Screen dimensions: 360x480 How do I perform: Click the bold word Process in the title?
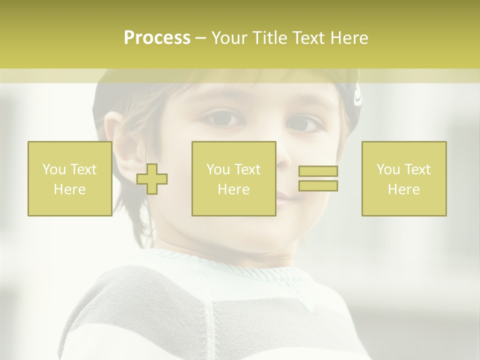(x=157, y=38)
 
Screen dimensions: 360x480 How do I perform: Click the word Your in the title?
(x=230, y=38)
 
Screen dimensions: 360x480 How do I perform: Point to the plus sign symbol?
(x=152, y=179)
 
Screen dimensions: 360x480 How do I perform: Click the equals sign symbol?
(x=318, y=178)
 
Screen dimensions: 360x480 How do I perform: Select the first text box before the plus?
(x=69, y=179)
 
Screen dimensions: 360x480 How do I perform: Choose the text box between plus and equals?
(x=233, y=179)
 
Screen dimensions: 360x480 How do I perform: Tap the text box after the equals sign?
(x=403, y=179)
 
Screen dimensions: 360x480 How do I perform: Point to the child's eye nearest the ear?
(x=222, y=118)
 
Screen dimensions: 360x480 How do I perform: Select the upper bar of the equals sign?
(x=318, y=171)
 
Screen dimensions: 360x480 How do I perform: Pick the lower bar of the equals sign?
(x=318, y=185)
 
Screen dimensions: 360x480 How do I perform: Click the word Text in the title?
(x=309, y=38)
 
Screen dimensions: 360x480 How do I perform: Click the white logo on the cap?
(x=358, y=96)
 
